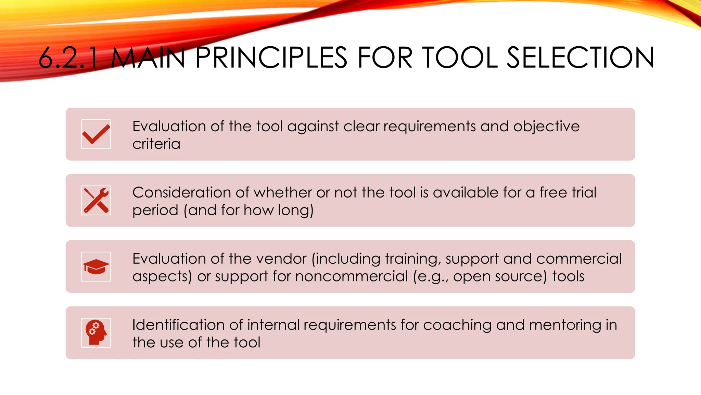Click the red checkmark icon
click(x=96, y=134)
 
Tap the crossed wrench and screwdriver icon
click(x=96, y=201)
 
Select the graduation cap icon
click(x=96, y=267)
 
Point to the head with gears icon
click(x=96, y=333)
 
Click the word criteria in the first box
click(x=156, y=144)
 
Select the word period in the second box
click(x=155, y=211)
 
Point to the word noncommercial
click(x=352, y=276)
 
